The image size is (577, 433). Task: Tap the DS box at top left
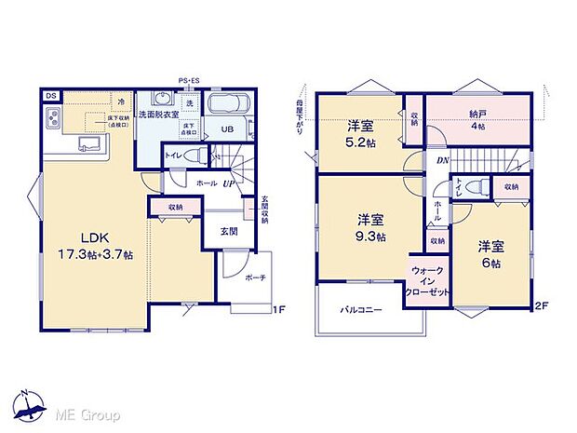pos(49,95)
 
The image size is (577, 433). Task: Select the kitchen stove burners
pos(52,120)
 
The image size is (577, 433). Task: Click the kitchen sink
pos(90,143)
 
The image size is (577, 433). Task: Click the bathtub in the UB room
pos(228,103)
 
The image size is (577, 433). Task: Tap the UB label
pos(226,130)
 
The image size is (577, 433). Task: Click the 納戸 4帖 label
pos(476,119)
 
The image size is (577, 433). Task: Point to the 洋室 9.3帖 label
pos(371,228)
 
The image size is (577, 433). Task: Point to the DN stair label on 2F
pos(418,159)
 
